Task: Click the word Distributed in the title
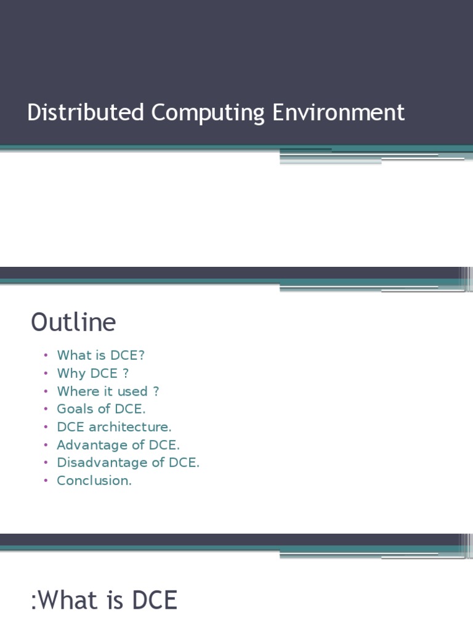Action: coord(86,113)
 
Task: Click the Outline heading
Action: coord(73,322)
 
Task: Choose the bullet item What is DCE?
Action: coord(100,356)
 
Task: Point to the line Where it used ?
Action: coord(108,391)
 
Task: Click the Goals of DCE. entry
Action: coord(101,409)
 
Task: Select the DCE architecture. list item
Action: coord(114,427)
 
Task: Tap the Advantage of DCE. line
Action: coord(118,445)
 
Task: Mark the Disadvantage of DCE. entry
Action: coord(128,463)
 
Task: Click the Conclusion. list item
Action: coord(94,481)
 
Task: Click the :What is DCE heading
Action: coord(104,600)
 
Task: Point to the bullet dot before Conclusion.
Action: coord(46,481)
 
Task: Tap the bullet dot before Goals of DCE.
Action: coord(46,410)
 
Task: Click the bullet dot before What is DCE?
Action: coord(46,356)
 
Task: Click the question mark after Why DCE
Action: coord(126,373)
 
